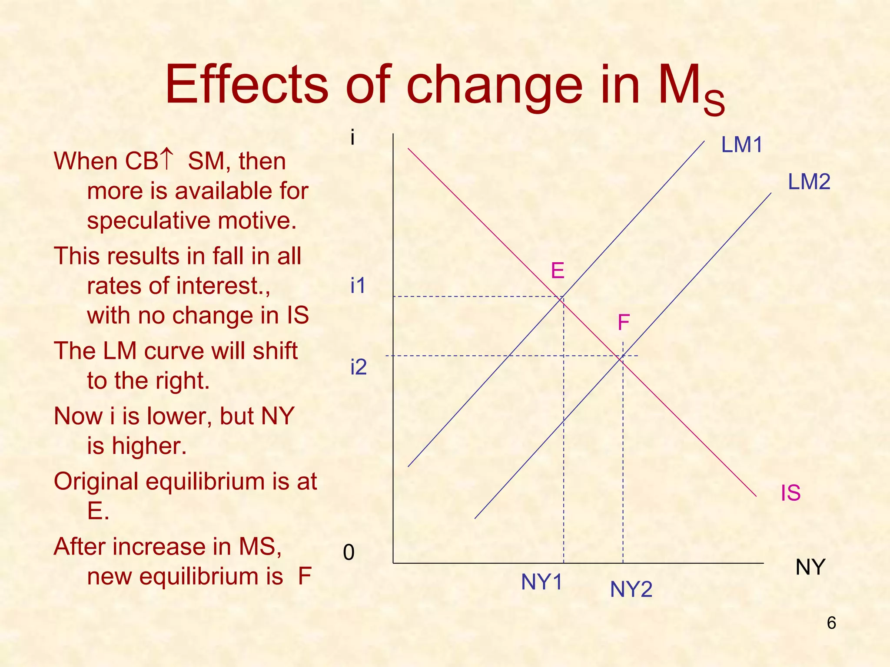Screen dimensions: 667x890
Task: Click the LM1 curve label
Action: click(x=742, y=145)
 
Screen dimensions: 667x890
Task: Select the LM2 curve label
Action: click(x=809, y=182)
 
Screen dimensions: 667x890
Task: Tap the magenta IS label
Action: click(x=790, y=493)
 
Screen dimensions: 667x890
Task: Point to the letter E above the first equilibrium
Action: click(x=558, y=271)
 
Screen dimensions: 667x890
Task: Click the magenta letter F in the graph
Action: click(x=624, y=323)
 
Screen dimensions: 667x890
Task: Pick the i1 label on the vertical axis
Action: click(x=358, y=286)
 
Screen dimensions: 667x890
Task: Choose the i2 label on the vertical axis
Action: click(x=359, y=367)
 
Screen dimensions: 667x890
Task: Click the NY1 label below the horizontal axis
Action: click(x=541, y=582)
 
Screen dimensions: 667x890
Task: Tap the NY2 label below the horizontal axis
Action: click(x=631, y=589)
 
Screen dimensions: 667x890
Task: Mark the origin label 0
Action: click(x=349, y=553)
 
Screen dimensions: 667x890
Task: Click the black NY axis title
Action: click(x=810, y=567)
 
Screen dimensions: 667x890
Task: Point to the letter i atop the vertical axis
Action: click(x=352, y=138)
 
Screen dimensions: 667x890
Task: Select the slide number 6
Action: click(x=831, y=623)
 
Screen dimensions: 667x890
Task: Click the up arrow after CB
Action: click(x=167, y=159)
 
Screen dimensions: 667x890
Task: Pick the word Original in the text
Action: click(x=96, y=481)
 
